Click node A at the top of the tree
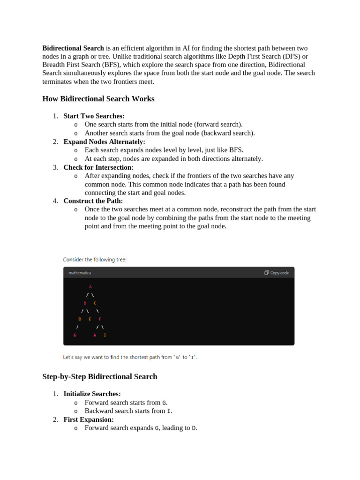90,286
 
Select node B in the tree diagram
85,303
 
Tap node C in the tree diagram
95,303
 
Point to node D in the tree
80,319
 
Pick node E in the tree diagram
90,319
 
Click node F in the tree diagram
100,319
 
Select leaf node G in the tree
75,336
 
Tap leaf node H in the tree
95,336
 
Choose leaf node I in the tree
105,336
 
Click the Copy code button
277,272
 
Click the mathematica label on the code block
80,272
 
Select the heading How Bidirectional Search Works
98,99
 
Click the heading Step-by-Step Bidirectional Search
99,376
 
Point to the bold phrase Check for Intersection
98,167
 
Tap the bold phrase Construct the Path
93,201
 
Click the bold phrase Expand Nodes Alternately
105,142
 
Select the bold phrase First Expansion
89,420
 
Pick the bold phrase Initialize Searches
92,394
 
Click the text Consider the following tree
95,259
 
